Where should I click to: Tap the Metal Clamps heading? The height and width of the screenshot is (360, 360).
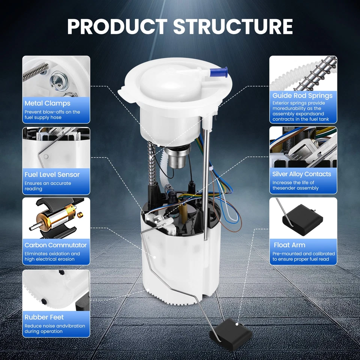click(x=47, y=103)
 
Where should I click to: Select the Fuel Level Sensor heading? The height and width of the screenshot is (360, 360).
click(x=52, y=174)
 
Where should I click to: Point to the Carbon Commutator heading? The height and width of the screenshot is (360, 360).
click(x=55, y=245)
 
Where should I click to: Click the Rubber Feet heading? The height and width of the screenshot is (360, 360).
click(x=44, y=317)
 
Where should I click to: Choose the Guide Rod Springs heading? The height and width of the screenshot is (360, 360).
click(x=302, y=96)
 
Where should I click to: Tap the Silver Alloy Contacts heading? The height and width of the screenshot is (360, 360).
click(x=301, y=174)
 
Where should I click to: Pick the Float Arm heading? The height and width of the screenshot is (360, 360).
click(x=289, y=245)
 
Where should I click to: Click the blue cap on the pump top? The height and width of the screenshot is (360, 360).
click(x=219, y=72)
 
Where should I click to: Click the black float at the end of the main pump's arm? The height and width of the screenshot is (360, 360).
click(x=231, y=334)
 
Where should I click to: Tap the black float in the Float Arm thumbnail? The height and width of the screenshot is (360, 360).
click(x=302, y=220)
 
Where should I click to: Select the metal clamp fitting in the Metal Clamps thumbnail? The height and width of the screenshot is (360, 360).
click(x=59, y=81)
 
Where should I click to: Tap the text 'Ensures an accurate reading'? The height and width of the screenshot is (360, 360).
click(x=48, y=186)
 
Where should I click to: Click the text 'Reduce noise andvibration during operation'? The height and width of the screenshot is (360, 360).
click(x=55, y=328)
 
